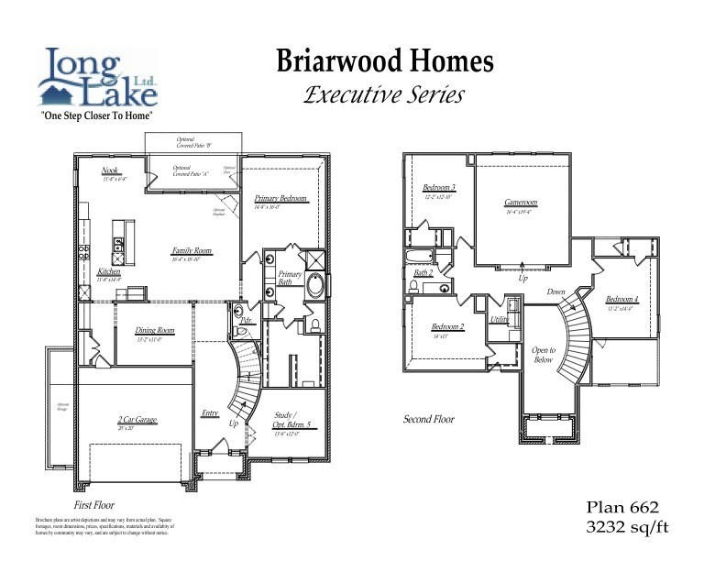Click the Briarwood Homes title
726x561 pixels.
click(x=385, y=61)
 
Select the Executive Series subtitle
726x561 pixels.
click(x=385, y=94)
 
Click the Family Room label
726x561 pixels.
click(x=192, y=250)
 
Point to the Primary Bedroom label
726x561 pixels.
click(x=280, y=199)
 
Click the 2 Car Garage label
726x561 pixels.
click(x=137, y=420)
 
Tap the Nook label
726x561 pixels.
click(x=111, y=170)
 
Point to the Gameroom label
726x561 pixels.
click(x=521, y=203)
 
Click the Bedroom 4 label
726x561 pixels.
click(x=622, y=300)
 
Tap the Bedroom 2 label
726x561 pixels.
click(x=448, y=327)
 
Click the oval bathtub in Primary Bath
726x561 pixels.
click(x=315, y=284)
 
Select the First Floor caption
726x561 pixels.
click(x=93, y=505)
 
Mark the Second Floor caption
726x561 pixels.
click(x=429, y=419)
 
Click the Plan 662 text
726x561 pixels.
click(x=622, y=507)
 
